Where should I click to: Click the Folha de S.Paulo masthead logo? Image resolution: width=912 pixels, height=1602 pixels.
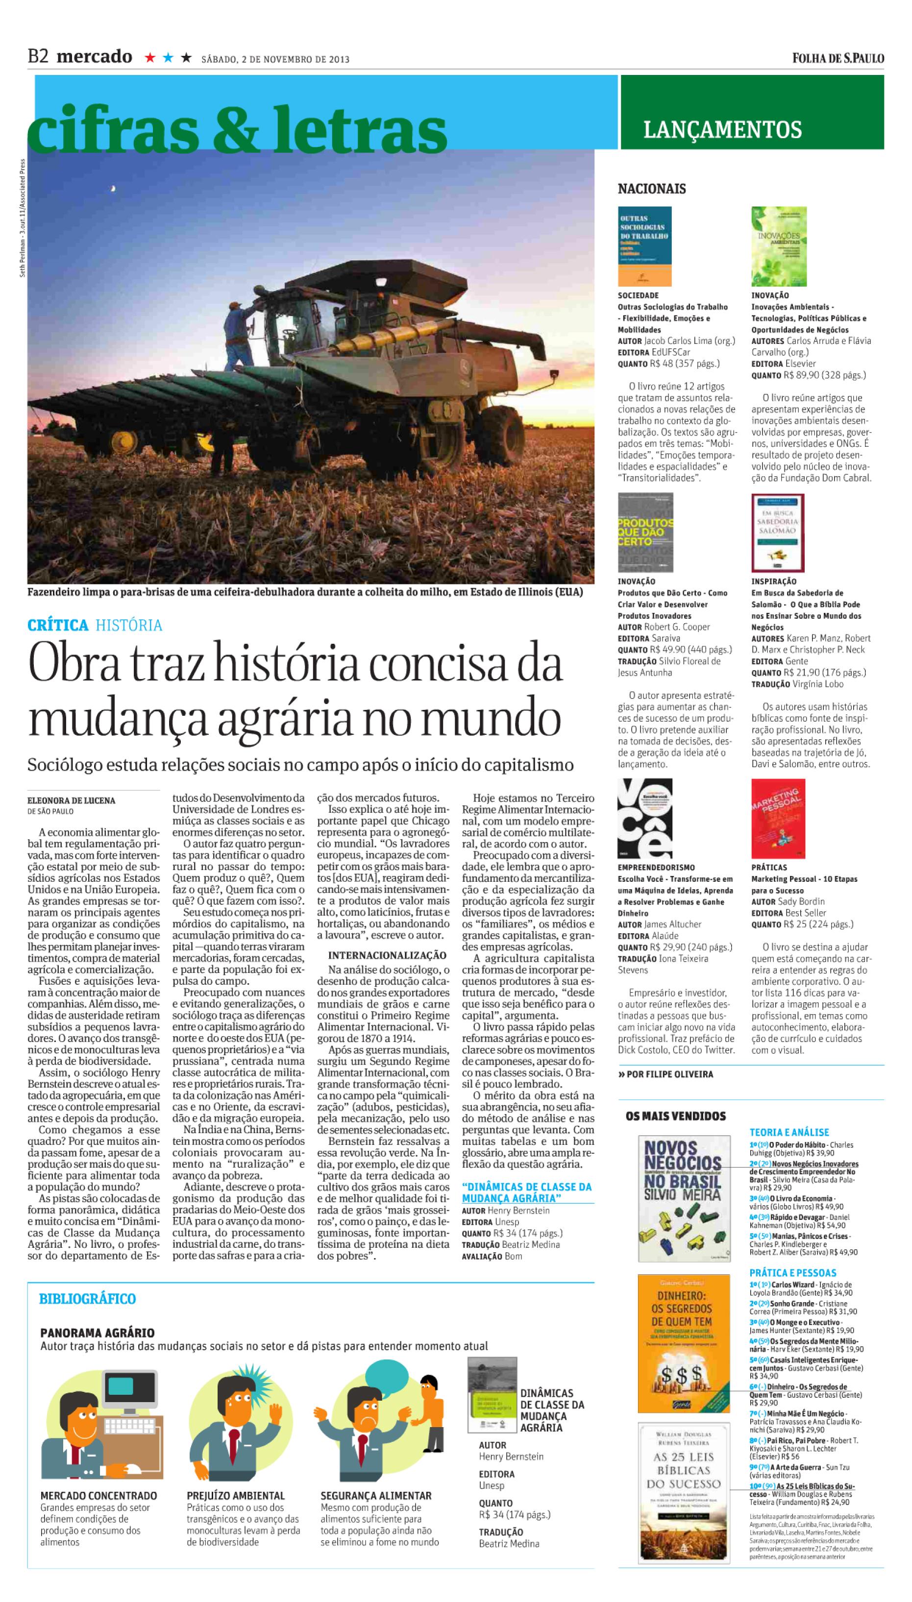(838, 58)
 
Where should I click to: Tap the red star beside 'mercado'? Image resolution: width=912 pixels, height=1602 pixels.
(149, 58)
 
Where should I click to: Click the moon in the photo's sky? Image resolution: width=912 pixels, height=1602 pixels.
(113, 188)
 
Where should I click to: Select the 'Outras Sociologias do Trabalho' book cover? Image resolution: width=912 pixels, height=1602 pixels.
(644, 246)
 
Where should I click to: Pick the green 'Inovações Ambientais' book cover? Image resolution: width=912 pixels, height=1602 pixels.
(779, 246)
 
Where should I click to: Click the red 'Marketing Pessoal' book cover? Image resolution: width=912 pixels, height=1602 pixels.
(778, 818)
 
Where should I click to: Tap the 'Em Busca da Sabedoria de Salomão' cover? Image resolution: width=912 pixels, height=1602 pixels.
(777, 532)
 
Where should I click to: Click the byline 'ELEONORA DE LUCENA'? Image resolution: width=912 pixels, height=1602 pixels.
(72, 800)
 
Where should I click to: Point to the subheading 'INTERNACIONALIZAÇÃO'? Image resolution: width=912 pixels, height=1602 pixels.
(387, 955)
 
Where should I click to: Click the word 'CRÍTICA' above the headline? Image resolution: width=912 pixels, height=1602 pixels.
(58, 625)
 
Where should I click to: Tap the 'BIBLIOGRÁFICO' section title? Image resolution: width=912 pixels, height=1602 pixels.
(88, 1298)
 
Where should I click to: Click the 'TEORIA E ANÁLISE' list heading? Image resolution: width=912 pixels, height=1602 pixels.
(789, 1132)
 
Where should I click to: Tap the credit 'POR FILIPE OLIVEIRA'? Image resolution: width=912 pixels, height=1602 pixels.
(669, 1074)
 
